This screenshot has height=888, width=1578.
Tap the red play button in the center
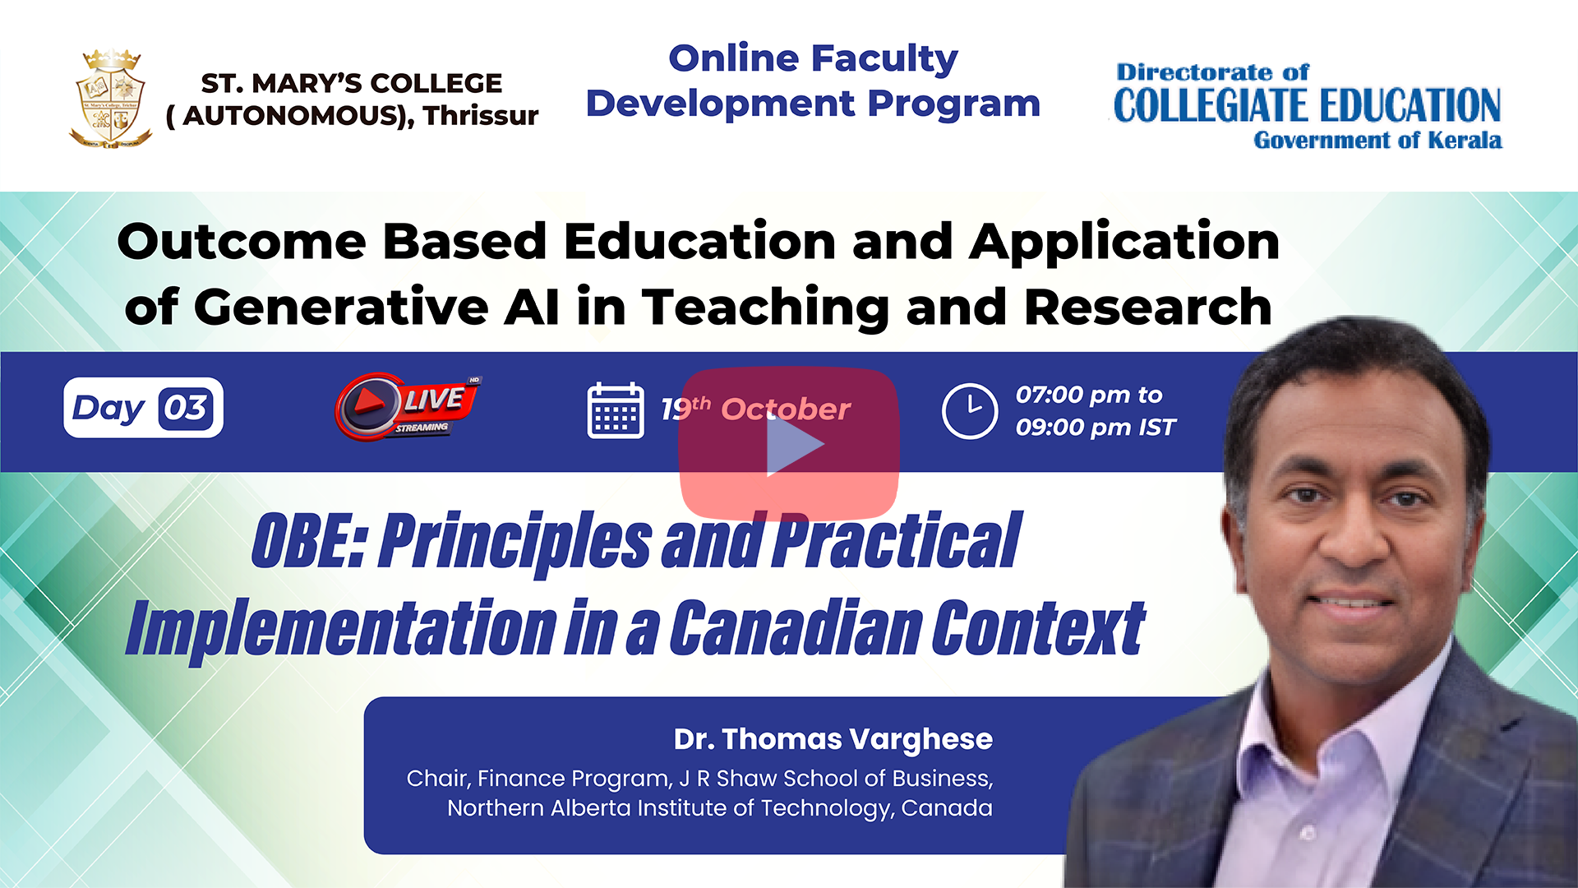click(x=789, y=445)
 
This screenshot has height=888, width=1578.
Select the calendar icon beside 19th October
click(x=616, y=410)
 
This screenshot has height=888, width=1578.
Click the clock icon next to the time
click(x=970, y=410)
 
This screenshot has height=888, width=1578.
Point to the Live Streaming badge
click(x=408, y=407)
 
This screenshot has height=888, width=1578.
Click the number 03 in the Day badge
click(x=186, y=408)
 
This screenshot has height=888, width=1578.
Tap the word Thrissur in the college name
click(x=481, y=115)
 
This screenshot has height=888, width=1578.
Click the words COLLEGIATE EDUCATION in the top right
click(x=1307, y=105)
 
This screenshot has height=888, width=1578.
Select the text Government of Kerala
click(x=1377, y=141)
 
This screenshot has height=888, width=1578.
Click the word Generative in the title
click(x=342, y=307)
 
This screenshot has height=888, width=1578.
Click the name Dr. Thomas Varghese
click(x=833, y=738)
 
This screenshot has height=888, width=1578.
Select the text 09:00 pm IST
click(x=1096, y=428)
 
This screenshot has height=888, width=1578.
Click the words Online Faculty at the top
click(x=814, y=58)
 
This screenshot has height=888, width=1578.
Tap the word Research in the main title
click(x=1148, y=307)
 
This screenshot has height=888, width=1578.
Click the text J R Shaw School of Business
click(x=835, y=779)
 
